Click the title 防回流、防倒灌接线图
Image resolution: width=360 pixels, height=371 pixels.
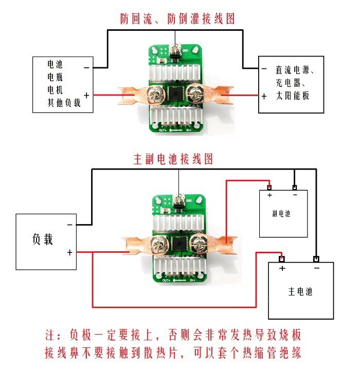(177, 19)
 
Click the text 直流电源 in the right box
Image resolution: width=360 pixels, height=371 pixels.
(291, 70)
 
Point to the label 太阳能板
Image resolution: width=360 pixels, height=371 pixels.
(291, 96)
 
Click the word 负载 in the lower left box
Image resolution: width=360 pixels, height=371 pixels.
(43, 239)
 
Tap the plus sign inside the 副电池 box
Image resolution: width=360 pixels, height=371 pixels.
(269, 195)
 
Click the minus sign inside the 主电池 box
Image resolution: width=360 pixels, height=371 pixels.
(316, 268)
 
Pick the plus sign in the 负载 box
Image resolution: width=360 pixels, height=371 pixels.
(69, 252)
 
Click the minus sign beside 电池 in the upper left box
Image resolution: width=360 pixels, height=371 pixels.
(86, 67)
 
